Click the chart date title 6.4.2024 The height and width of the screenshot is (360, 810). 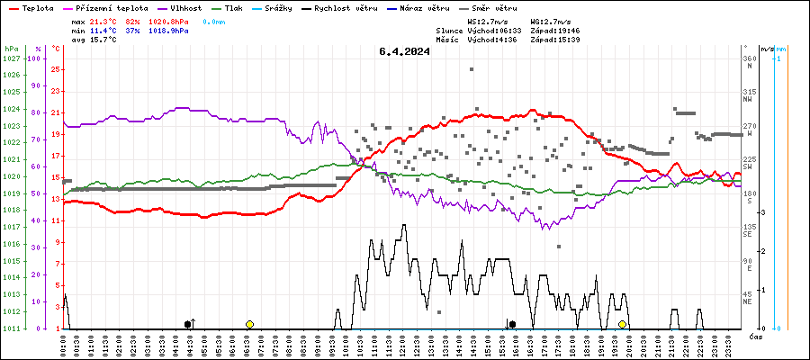(404, 51)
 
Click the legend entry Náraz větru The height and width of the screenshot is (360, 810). (428, 7)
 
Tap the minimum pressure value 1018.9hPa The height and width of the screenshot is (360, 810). (171, 30)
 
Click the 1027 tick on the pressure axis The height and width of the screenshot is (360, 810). (12, 58)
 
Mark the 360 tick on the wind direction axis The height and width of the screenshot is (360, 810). (749, 58)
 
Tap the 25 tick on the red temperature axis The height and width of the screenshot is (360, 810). (56, 69)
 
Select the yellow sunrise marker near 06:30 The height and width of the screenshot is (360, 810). (249, 324)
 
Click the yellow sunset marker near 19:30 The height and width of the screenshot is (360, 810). (622, 324)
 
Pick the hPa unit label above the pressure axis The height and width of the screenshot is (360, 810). (11, 48)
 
